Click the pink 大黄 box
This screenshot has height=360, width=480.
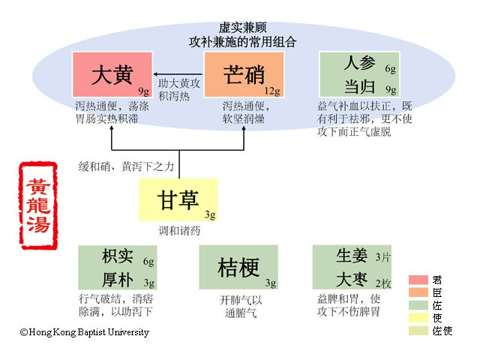[x=112, y=75]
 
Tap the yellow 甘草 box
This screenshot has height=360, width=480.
[x=178, y=199]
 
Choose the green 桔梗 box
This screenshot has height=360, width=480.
[x=239, y=267]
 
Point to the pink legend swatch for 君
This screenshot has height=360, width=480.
[x=418, y=280]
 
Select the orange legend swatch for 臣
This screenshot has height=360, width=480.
[x=418, y=292]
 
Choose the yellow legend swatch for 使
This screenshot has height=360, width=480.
[x=418, y=318]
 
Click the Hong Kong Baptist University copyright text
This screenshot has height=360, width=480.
[x=84, y=332]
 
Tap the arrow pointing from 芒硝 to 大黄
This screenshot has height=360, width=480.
[x=178, y=73]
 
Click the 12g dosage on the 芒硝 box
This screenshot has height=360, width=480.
[x=271, y=91]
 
